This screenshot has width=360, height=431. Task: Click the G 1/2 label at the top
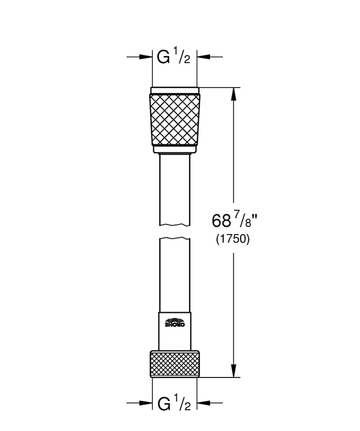[174, 57]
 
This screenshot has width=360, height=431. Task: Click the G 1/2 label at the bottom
[174, 403]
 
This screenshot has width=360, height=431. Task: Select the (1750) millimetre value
[233, 239]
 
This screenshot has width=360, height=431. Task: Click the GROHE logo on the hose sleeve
[175, 322]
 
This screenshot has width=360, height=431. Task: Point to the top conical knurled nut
[175, 119]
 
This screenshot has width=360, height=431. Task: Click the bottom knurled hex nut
[175, 363]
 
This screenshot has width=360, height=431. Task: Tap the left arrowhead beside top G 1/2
[146, 57]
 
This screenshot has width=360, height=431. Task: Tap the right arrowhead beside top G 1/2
[203, 57]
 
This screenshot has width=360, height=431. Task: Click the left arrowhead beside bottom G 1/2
[146, 403]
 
